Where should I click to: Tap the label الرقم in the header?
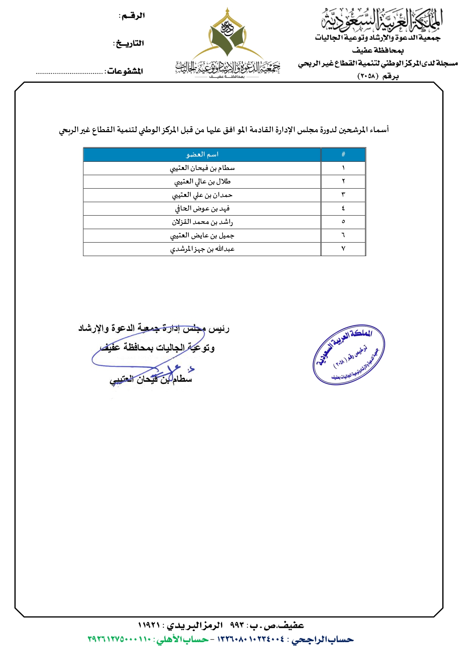132,16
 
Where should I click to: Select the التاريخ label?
129,43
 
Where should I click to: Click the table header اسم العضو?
202,155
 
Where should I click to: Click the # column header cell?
343,155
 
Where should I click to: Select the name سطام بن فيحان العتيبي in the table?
202,168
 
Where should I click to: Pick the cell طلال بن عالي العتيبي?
202,182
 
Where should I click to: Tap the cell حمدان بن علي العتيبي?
202,195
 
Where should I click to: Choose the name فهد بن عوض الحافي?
202,209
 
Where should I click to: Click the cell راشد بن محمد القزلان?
202,222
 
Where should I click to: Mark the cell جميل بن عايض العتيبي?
202,235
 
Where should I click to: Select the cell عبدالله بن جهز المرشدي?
202,249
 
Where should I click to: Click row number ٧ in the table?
343,249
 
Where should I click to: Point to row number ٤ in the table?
343,209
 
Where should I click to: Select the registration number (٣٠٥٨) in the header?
368,76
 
